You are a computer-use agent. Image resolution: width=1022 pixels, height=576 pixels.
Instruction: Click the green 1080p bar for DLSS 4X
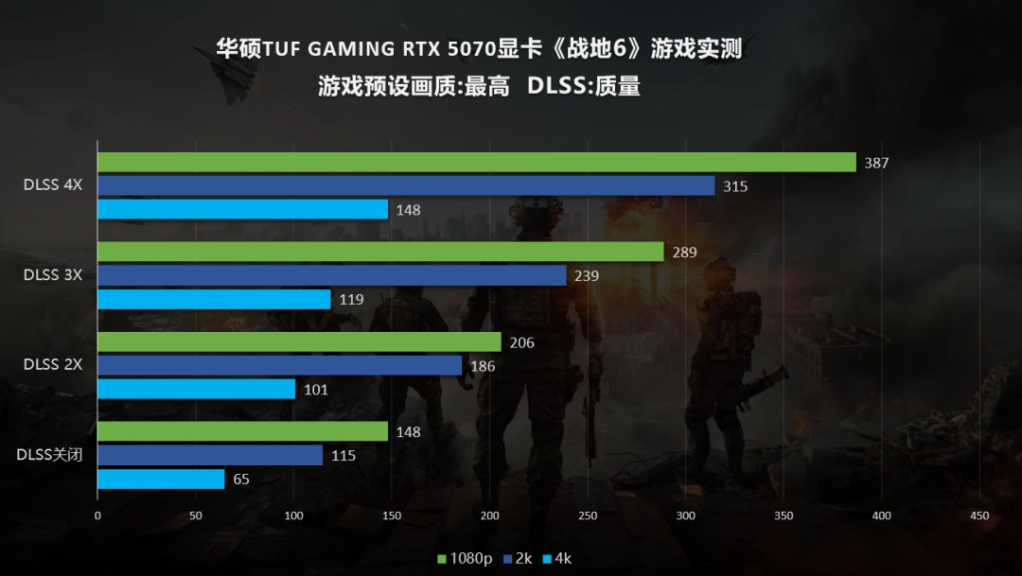pyautogui.click(x=476, y=163)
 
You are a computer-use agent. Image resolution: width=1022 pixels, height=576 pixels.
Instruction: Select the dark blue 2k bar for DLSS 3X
pyautogui.click(x=331, y=275)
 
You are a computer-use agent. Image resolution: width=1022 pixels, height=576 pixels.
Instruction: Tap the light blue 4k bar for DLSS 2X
pyautogui.click(x=196, y=389)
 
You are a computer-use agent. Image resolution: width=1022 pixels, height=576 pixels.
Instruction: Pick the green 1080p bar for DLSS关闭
pyautogui.click(x=242, y=432)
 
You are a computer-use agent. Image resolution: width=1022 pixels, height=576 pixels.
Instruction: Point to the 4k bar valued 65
pyautogui.click(x=161, y=480)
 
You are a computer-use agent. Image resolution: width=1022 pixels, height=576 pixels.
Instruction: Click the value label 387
pyautogui.click(x=876, y=164)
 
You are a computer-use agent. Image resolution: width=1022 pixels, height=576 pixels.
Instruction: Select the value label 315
pyautogui.click(x=735, y=186)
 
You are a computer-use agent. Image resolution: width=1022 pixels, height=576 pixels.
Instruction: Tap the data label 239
pyautogui.click(x=587, y=276)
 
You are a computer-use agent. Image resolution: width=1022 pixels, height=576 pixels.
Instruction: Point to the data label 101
pyautogui.click(x=316, y=389)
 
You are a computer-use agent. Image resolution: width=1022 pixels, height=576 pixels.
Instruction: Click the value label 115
pyautogui.click(x=344, y=456)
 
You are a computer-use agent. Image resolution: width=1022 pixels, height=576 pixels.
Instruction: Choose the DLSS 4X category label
pyautogui.click(x=53, y=185)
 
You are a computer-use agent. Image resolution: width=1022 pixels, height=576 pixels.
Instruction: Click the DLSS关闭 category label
pyautogui.click(x=49, y=455)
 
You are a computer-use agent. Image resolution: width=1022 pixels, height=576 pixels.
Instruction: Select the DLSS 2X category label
pyautogui.click(x=53, y=365)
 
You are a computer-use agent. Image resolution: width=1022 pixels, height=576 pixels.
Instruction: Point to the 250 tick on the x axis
pyautogui.click(x=588, y=515)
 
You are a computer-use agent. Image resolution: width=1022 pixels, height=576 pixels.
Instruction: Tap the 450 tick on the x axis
pyautogui.click(x=979, y=515)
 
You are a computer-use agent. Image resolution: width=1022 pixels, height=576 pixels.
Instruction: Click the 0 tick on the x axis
pyautogui.click(x=97, y=515)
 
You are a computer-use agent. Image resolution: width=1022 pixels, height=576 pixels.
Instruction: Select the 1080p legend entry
pyautogui.click(x=465, y=559)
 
